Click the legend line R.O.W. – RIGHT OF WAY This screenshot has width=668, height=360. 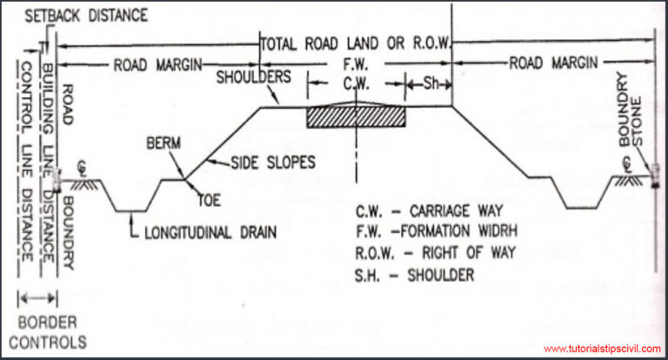click(435, 252)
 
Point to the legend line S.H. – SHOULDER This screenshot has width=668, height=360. click(415, 274)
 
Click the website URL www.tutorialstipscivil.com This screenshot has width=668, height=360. click(602, 349)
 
